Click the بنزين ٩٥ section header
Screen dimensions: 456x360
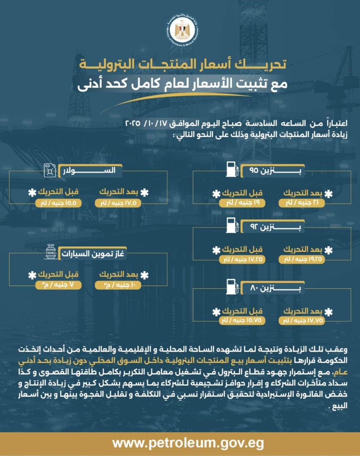tap(273, 171)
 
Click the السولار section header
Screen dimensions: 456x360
tap(92, 171)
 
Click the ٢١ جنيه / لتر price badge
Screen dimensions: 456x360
tap(302, 203)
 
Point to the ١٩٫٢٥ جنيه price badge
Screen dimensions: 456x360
tap(302, 259)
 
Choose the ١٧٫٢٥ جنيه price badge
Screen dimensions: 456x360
tap(242, 259)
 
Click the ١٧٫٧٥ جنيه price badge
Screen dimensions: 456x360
tap(302, 320)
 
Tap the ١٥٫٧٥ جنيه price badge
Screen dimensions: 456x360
tap(242, 320)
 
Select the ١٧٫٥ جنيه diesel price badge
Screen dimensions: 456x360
tap(118, 203)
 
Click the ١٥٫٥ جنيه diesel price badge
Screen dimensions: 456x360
tap(59, 203)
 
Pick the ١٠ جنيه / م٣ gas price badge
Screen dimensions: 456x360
tap(118, 285)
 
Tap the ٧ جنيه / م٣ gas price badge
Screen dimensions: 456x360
tap(59, 285)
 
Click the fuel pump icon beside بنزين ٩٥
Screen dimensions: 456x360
tap(231, 170)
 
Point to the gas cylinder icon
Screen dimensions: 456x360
tap(51, 252)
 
